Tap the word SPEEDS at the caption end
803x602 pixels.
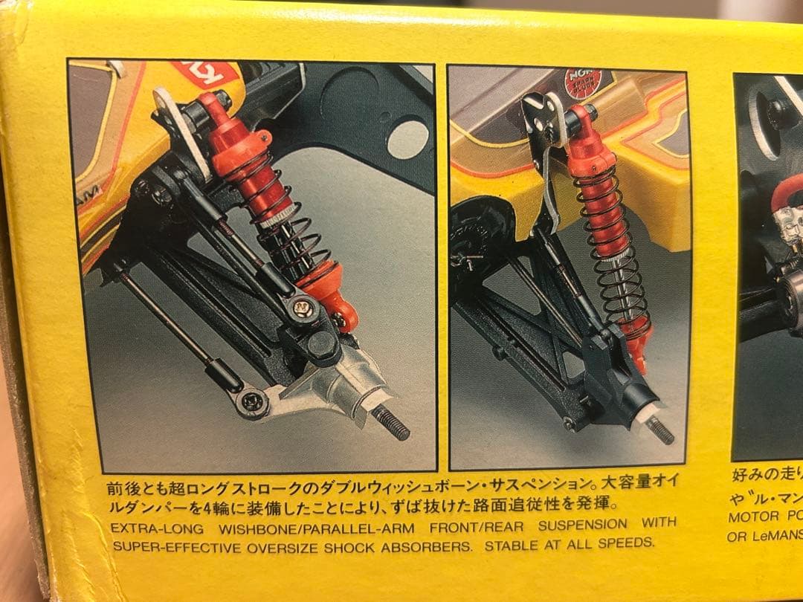[629, 543]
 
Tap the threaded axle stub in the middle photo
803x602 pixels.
[659, 430]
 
